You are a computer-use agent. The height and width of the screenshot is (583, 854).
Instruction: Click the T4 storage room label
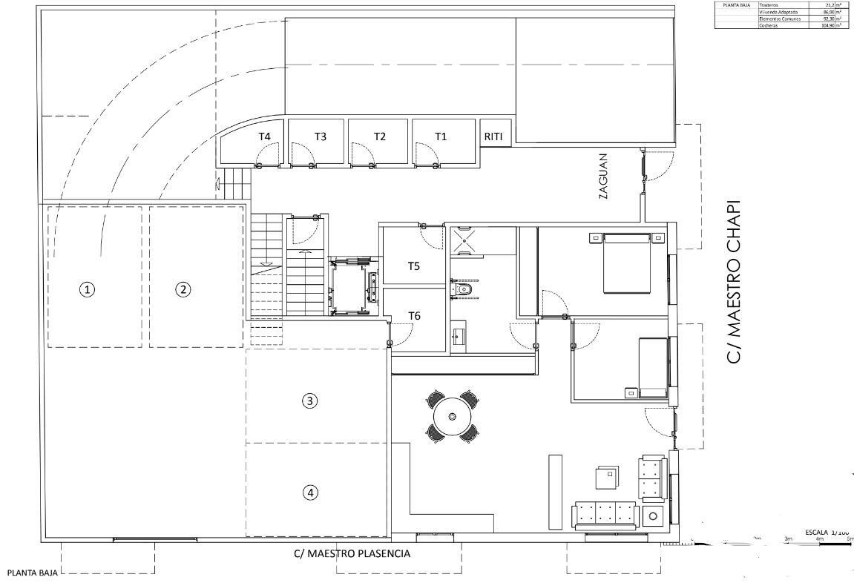coord(264,136)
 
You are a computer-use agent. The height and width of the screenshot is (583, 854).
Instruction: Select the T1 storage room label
coord(441,136)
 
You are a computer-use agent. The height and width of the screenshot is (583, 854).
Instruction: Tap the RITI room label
coord(493,136)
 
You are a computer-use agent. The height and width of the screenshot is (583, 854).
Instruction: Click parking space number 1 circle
coord(88,289)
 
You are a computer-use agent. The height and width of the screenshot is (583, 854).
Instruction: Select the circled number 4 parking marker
coord(311,492)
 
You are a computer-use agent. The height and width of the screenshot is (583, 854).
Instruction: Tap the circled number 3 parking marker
coord(311,401)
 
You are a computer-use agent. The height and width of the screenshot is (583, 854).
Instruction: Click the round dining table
coord(451,417)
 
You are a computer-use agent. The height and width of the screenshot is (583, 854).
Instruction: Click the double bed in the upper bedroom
coord(627,263)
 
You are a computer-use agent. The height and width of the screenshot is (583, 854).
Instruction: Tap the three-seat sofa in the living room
coord(605,514)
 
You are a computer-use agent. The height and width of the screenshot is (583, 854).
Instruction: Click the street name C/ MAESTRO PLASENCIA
coord(352,553)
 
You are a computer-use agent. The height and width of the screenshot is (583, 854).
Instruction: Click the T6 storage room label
coord(414,316)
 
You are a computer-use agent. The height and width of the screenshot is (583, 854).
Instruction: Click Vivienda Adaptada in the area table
coord(779,12)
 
